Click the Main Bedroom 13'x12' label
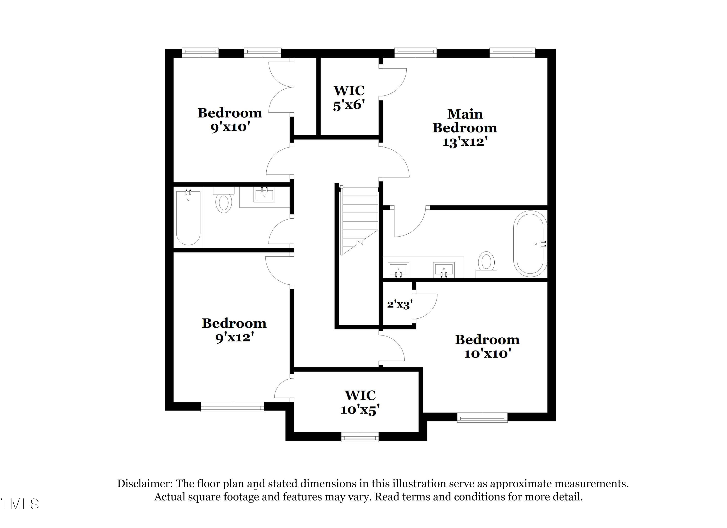tap(465, 128)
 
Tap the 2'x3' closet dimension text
tap(399, 304)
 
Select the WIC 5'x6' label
tap(349, 98)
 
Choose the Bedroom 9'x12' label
tap(234, 330)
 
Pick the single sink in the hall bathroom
tap(264, 195)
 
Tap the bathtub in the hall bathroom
tap(188, 218)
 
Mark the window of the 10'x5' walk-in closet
tap(360, 437)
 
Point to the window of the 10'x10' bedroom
tap(482, 418)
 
